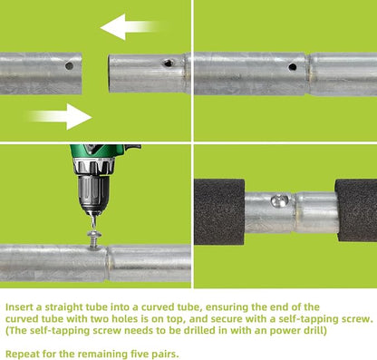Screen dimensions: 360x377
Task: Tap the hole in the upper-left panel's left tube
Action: [x=69, y=65]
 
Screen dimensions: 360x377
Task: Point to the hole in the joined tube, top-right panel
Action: [x=292, y=67]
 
